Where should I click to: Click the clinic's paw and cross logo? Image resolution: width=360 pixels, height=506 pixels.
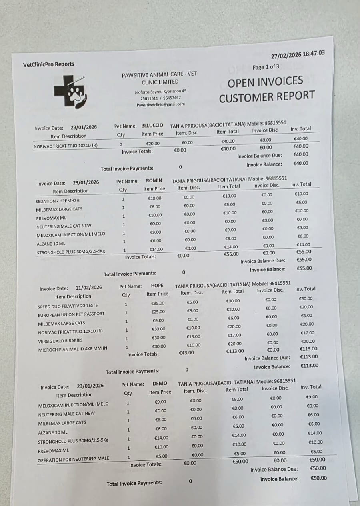[x=70, y=92]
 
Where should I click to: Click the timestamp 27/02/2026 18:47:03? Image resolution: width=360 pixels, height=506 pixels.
[x=298, y=54]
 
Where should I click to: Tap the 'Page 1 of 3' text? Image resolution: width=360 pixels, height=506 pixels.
[x=266, y=67]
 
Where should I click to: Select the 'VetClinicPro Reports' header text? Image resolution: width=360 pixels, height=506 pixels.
[x=48, y=64]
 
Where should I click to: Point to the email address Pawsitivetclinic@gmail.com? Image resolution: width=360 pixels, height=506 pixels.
[x=161, y=104]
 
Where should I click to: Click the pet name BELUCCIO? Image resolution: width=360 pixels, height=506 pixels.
[x=152, y=126]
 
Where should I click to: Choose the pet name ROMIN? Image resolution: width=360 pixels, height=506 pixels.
[x=154, y=180]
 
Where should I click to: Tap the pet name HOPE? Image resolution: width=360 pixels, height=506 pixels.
[x=157, y=286]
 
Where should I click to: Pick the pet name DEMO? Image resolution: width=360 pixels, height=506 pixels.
[x=160, y=383]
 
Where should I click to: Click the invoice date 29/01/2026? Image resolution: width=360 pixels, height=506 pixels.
[x=84, y=127]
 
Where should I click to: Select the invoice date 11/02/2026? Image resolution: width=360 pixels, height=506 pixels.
[x=88, y=288]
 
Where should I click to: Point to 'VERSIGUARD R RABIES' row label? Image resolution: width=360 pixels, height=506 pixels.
[x=60, y=341]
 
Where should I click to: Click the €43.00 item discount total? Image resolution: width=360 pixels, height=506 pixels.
[x=186, y=352]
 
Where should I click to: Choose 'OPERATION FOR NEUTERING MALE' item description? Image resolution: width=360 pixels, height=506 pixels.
[x=73, y=459]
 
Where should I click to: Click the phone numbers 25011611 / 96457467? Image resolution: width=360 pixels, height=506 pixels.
[x=160, y=98]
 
